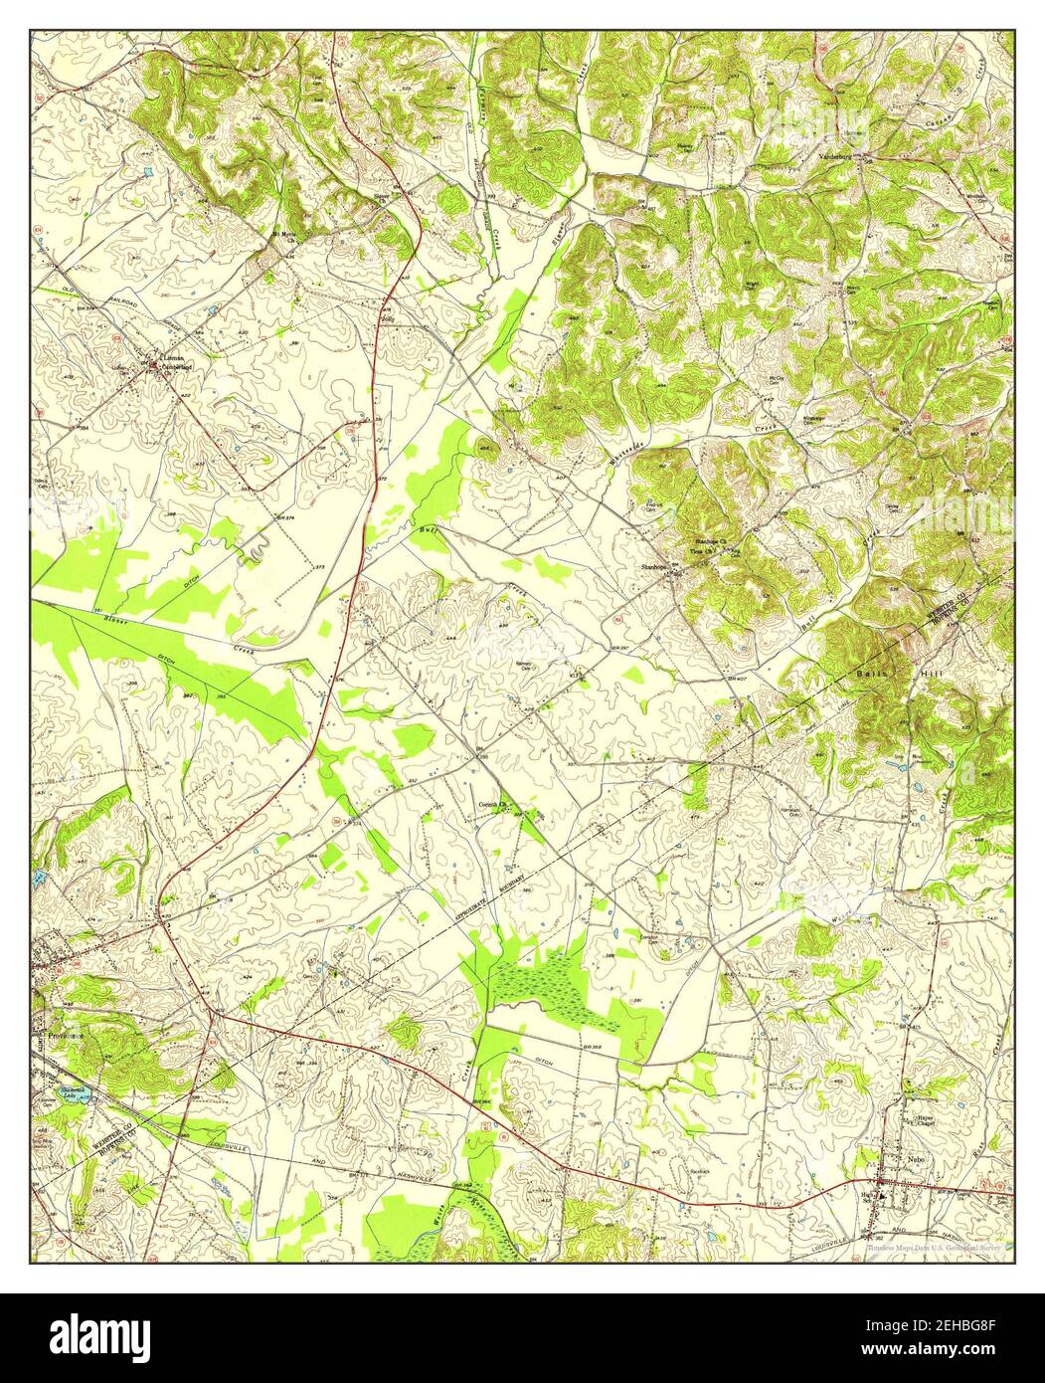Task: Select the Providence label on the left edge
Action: point(58,1035)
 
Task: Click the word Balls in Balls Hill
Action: point(869,674)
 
